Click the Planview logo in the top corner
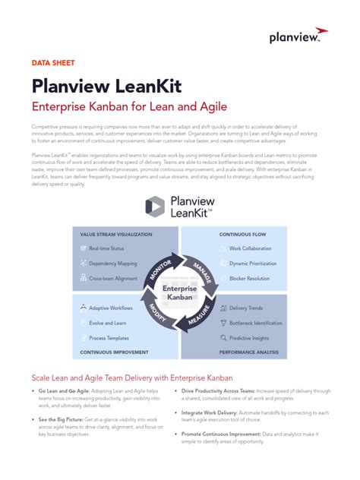[x=298, y=37]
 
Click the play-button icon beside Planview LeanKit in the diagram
[x=155, y=207]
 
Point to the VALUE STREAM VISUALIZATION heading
[x=115, y=235]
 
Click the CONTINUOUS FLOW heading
[x=242, y=235]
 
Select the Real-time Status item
[x=108, y=248]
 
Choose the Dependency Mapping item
[x=112, y=264]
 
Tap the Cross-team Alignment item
[x=114, y=279]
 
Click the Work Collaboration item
[x=250, y=248]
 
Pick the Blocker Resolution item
[x=249, y=279]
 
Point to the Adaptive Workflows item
[x=111, y=308]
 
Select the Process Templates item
[x=109, y=337]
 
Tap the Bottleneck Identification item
[x=255, y=323]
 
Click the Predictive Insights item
[x=249, y=337]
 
